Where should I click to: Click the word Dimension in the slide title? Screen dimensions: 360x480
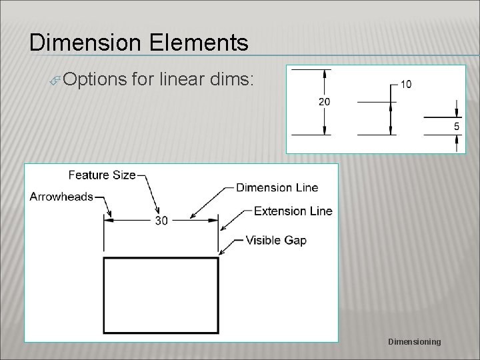pos(85,43)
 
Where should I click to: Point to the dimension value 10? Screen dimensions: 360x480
pos(405,85)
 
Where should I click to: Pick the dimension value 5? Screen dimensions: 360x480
pos(457,126)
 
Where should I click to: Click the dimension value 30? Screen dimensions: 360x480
pos(161,221)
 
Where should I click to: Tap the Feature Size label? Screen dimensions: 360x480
pos(102,175)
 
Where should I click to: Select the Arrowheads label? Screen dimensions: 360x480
pos(61,197)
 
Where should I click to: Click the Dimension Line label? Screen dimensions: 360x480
pos(277,187)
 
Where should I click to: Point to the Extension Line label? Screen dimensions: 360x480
pos(293,211)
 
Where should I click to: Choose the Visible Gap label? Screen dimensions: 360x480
pos(276,240)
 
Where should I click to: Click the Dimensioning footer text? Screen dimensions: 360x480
pos(414,342)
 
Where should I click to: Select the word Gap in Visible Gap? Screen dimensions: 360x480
pos(295,240)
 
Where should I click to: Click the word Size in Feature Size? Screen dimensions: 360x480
pos(123,175)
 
